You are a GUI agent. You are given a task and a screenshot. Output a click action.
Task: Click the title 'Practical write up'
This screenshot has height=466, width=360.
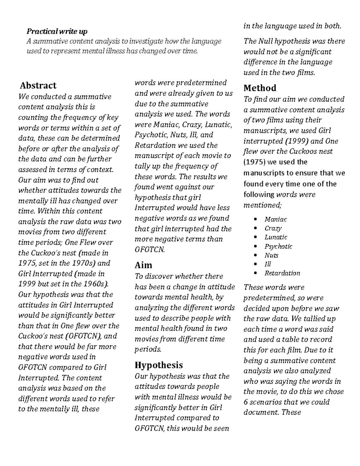[x=57, y=31]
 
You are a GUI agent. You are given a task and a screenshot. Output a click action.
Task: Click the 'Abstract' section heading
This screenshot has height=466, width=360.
[x=38, y=86]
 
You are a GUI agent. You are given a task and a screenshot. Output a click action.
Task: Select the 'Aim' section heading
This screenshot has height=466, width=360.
[x=143, y=265]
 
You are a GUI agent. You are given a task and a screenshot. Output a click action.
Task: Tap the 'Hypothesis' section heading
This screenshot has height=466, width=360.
[x=159, y=365]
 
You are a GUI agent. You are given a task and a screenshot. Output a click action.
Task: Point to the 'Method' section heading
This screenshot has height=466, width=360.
[x=260, y=88]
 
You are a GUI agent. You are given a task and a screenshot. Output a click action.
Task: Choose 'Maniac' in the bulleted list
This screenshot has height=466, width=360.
[x=275, y=219]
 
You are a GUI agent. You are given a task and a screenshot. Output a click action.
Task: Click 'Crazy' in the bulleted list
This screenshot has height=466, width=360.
[x=273, y=228]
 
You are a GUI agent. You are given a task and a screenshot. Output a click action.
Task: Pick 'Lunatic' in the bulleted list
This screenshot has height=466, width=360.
[x=275, y=237]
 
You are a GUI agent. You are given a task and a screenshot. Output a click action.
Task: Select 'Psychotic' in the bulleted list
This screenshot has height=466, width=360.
[x=278, y=246]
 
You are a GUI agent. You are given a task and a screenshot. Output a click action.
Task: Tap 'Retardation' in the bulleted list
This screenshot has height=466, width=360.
[x=282, y=273]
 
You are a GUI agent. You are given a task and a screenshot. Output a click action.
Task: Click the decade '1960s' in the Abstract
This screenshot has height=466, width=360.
[x=97, y=284]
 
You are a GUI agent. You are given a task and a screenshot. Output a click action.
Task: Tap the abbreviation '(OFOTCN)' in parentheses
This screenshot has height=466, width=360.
[x=83, y=336]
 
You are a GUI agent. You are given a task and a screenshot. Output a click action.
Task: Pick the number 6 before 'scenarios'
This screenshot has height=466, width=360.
[x=246, y=402]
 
